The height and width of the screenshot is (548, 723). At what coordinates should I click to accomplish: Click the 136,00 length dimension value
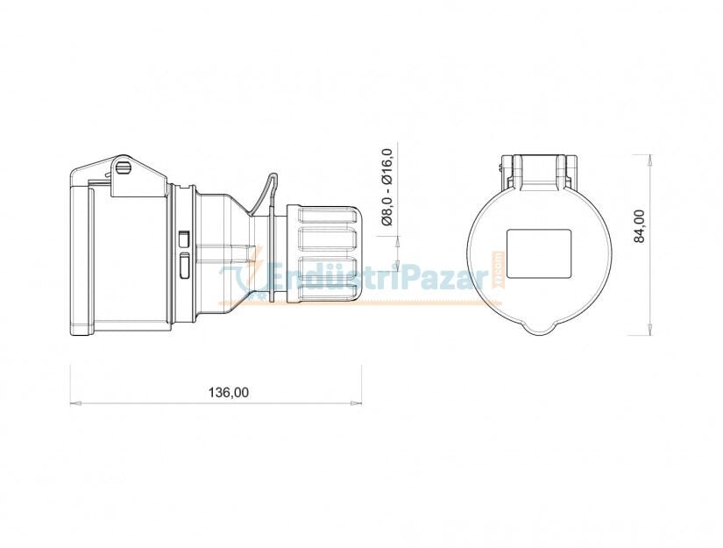[228, 393]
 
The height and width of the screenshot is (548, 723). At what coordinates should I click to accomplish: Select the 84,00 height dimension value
[640, 226]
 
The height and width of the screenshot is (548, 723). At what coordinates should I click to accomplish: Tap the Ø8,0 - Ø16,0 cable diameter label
[386, 188]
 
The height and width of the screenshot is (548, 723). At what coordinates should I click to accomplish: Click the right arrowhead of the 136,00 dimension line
[356, 403]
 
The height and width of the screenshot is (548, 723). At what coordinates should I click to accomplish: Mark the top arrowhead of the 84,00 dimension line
[650, 160]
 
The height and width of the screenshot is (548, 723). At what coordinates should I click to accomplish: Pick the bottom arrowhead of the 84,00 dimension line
[650, 329]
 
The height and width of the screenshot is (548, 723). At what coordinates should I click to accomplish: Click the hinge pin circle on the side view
[124, 167]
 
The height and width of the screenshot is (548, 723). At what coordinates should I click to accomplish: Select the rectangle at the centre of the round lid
[539, 253]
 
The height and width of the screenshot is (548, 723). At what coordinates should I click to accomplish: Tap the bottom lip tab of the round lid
[540, 329]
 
